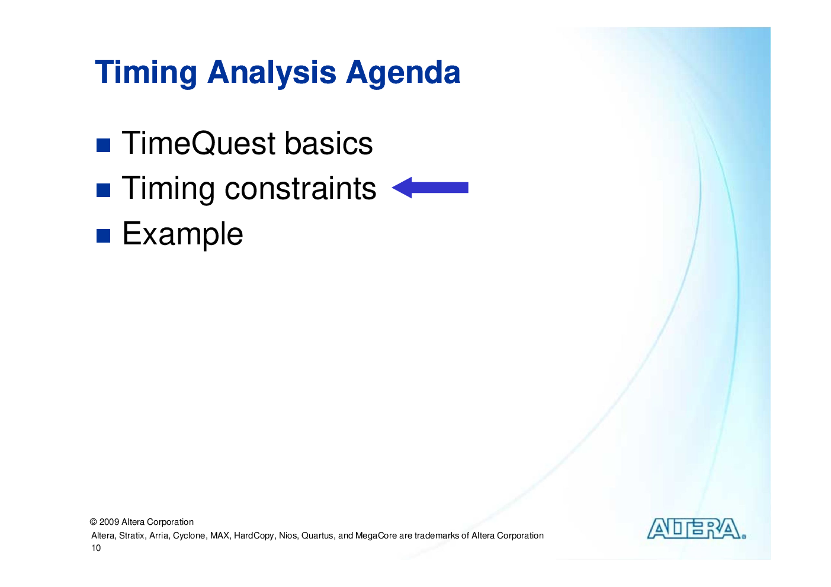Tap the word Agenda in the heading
pos(403,73)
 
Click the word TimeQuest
pos(198,143)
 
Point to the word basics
pos(328,143)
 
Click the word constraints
pos(300,189)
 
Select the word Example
pos(182,234)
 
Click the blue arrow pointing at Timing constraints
pos(430,188)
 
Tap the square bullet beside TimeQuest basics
pos(103,145)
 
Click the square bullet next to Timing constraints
pos(103,190)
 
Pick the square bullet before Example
pos(103,236)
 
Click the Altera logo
pos(697,529)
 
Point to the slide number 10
pos(96,548)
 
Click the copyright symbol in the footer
pos(94,522)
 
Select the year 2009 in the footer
pos(109,522)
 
